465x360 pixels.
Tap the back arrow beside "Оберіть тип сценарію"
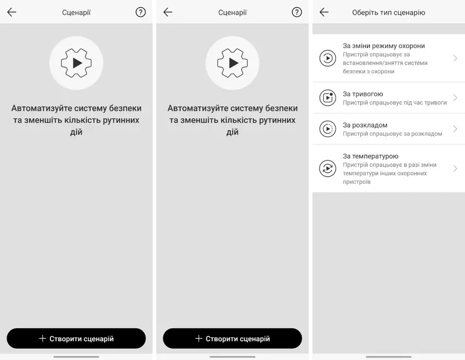pos(324,12)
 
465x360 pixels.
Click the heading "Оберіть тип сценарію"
pos(388,13)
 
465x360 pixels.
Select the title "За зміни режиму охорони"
pos(383,45)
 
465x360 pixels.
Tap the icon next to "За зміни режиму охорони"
pos(328,58)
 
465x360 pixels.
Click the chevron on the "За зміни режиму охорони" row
pos(455,58)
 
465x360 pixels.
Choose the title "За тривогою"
pos(363,94)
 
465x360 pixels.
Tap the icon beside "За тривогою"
pos(328,97)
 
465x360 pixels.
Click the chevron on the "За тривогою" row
pos(455,97)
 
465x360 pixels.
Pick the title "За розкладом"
pos(365,125)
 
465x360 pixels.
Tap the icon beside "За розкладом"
pos(328,129)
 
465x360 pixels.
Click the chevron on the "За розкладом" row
pos(455,129)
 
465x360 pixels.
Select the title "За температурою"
pos(370,156)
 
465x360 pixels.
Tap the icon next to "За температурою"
pos(328,169)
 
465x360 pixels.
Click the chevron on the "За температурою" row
pos(455,169)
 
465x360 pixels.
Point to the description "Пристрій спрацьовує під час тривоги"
pos(395,103)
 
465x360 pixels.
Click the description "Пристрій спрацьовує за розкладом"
pos(392,133)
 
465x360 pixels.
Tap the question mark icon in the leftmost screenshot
pos(141,12)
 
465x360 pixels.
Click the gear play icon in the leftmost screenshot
pos(76,63)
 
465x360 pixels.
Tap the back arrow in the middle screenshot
pos(168,12)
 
